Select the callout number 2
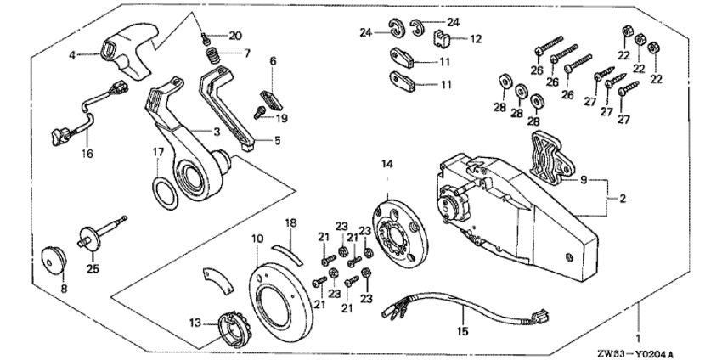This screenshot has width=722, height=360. pyautogui.click(x=623, y=199)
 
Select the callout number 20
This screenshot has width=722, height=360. pyautogui.click(x=235, y=35)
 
